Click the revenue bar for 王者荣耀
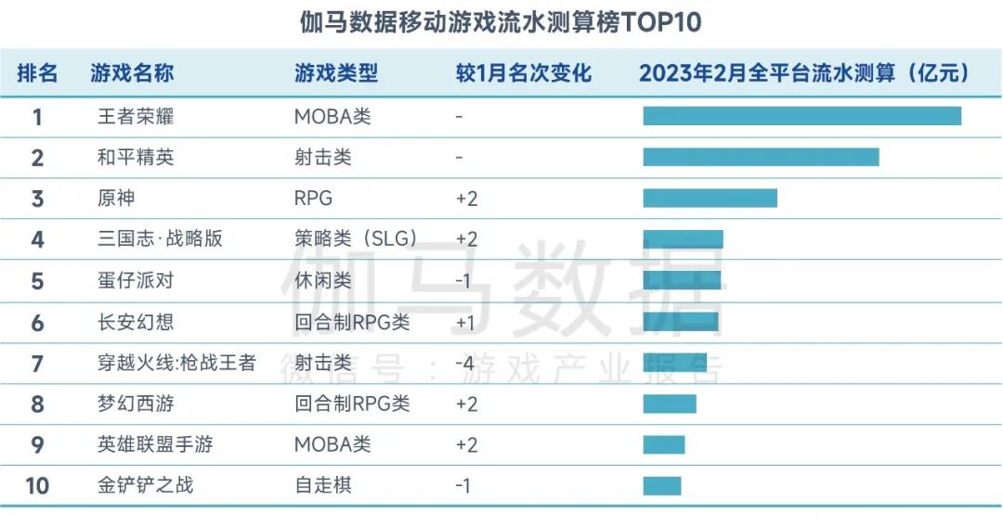click(801, 116)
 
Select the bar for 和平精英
click(761, 157)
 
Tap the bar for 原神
click(710, 198)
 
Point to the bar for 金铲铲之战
click(662, 485)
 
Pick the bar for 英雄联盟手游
click(664, 444)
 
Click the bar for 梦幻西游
click(670, 404)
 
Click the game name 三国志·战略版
click(160, 239)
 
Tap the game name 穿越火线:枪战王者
click(176, 363)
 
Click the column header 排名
click(37, 73)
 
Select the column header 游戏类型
click(336, 73)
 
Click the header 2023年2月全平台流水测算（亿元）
click(803, 73)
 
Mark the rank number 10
click(37, 485)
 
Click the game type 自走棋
click(323, 485)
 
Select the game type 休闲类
click(323, 280)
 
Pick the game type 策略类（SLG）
click(355, 239)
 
